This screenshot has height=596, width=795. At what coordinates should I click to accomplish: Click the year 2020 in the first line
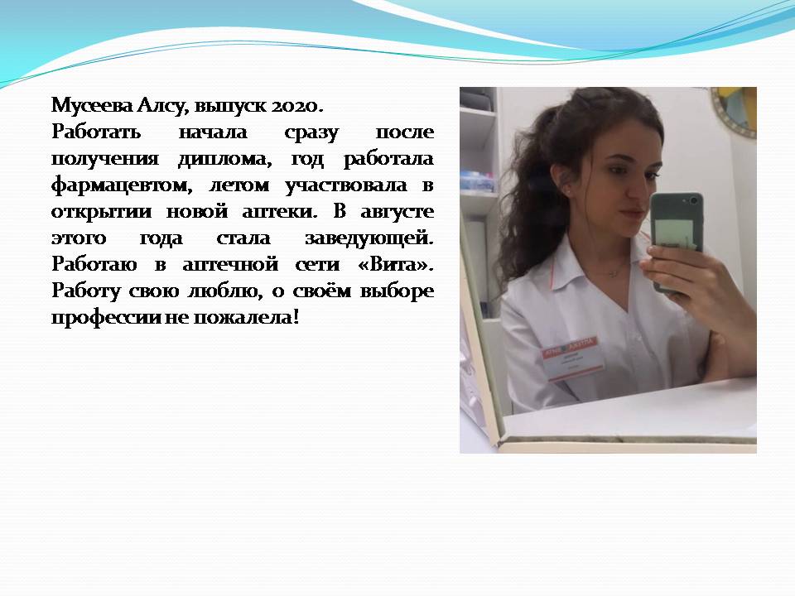tap(296, 105)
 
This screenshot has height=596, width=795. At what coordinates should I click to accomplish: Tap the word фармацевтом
tap(122, 185)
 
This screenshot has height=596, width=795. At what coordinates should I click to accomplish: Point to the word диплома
tap(224, 160)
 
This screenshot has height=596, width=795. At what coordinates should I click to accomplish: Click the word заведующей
tap(369, 238)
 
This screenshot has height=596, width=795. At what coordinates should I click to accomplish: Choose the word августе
tap(397, 212)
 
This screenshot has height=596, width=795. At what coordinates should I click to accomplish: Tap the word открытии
tap(101, 212)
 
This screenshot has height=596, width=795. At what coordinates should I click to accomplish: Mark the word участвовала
tap(346, 185)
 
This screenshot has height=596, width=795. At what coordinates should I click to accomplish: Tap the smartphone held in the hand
tap(677, 238)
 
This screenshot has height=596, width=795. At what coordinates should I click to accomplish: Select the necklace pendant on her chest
tap(613, 274)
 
